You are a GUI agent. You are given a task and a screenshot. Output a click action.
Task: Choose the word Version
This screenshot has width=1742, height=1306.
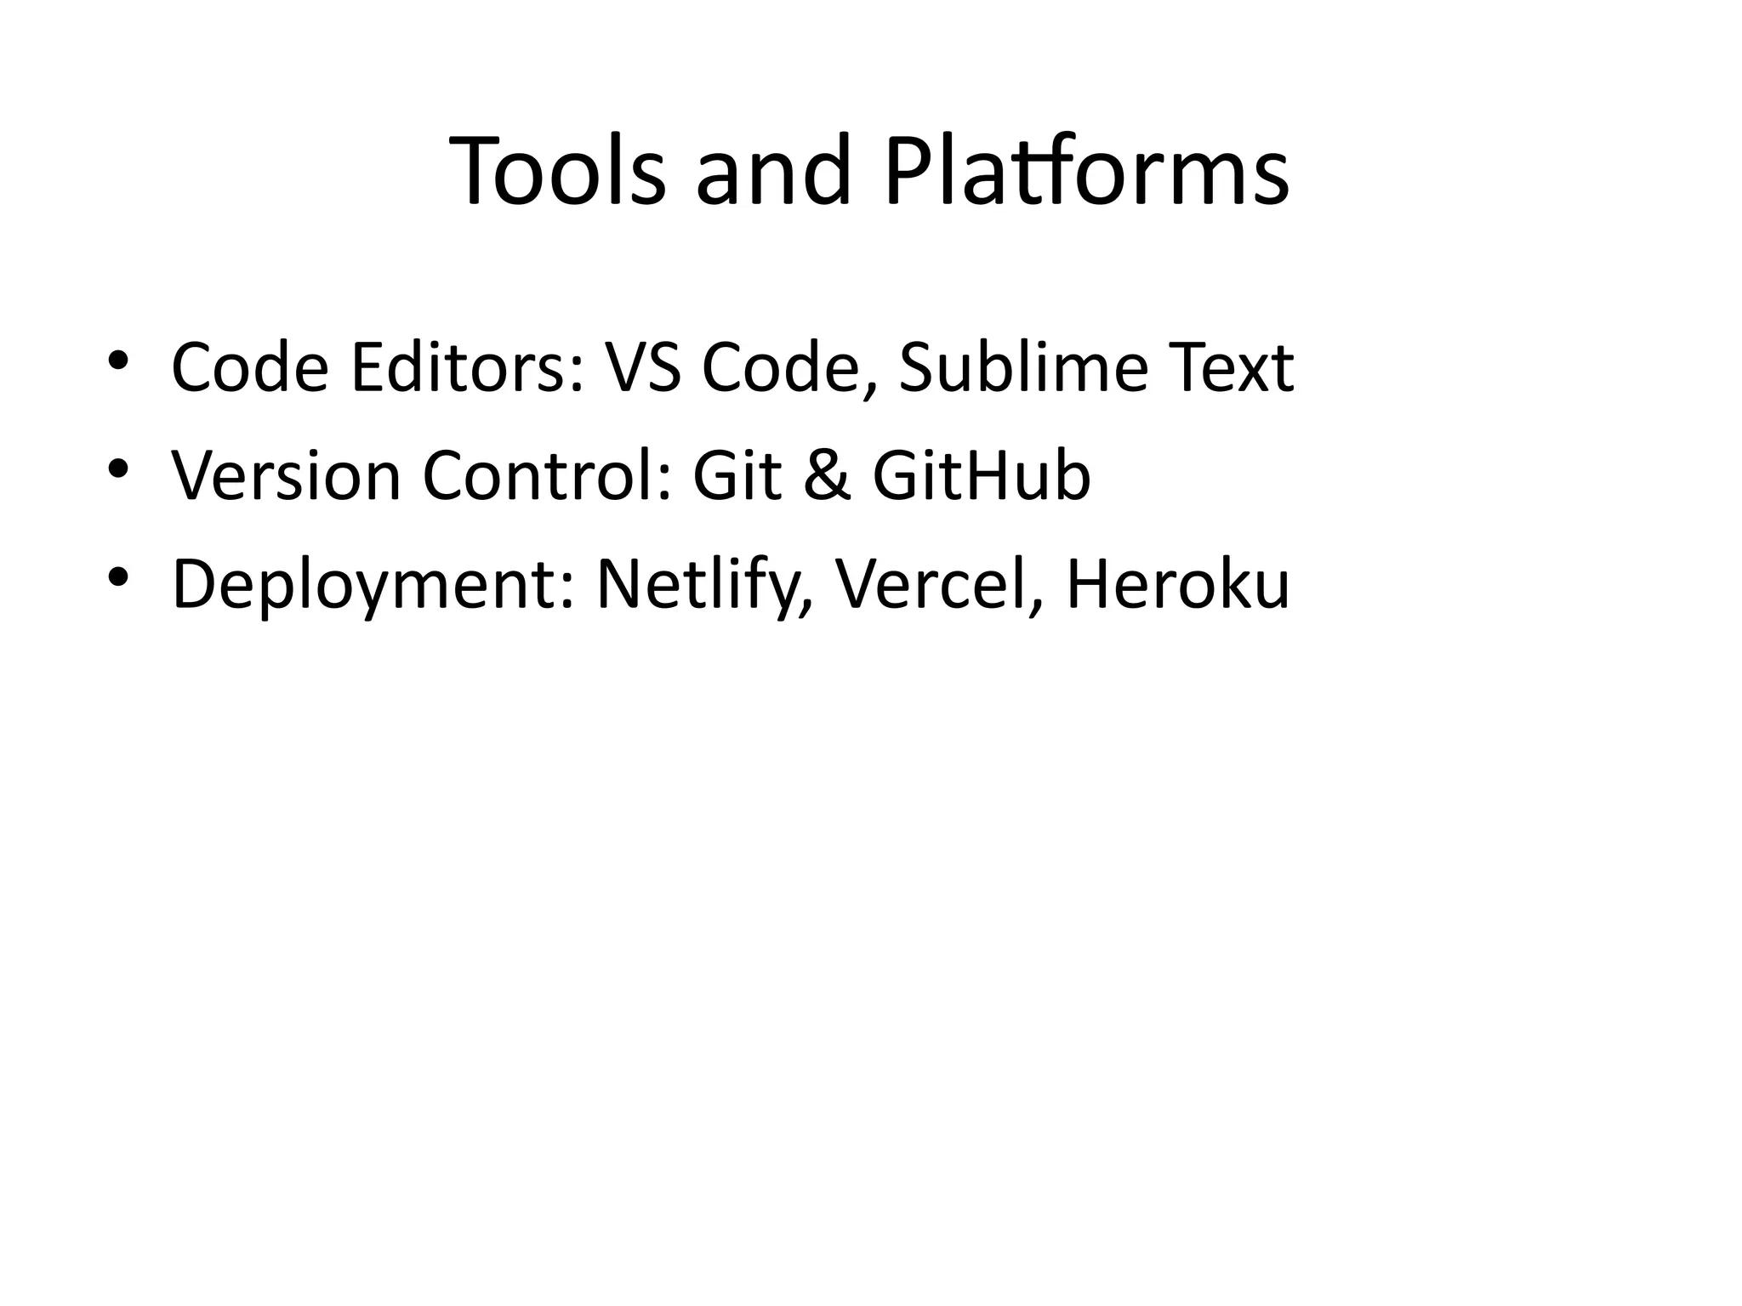pos(286,475)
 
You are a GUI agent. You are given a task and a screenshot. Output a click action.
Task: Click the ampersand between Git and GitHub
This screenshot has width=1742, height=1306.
pos(826,475)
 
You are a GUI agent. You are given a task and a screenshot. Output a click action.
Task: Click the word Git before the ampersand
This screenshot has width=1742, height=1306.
pos(737,475)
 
